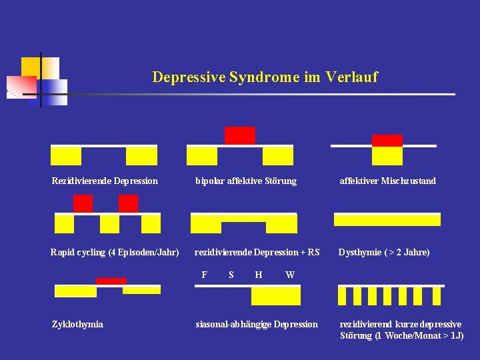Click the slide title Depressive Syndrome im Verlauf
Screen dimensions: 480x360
click(x=265, y=77)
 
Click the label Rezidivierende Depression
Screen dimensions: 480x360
click(x=105, y=181)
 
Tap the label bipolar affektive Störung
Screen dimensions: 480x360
click(x=245, y=181)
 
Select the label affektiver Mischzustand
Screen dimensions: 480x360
click(x=387, y=181)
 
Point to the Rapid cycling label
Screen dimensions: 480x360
click(x=115, y=252)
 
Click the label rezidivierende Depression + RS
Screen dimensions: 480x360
click(x=257, y=252)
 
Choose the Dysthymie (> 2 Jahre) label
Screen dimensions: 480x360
click(x=384, y=252)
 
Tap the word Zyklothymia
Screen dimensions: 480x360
click(x=77, y=324)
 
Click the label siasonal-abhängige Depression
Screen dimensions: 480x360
click(x=257, y=324)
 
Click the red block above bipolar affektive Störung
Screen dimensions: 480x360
click(x=240, y=135)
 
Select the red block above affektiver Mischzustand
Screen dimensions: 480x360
click(x=387, y=140)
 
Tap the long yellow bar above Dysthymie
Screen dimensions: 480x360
click(x=387, y=220)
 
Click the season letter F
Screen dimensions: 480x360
click(x=204, y=274)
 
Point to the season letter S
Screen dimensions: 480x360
click(x=231, y=274)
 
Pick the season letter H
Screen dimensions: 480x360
click(x=258, y=274)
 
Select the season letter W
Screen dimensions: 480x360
click(x=290, y=274)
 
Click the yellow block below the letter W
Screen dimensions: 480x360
click(x=285, y=295)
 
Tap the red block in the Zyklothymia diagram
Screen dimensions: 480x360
click(x=111, y=281)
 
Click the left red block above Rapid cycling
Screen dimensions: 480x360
click(x=83, y=203)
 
